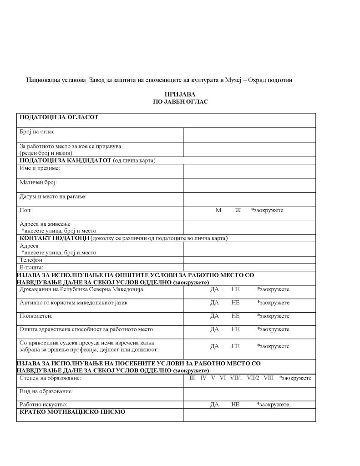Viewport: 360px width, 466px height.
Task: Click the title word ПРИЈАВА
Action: point(180,94)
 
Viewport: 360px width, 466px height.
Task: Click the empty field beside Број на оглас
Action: point(249,135)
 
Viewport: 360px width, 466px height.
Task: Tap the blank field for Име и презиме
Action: point(249,171)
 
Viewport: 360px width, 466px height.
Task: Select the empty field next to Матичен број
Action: point(249,185)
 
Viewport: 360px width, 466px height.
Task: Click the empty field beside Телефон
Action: point(249,260)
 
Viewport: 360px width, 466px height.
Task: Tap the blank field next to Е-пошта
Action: point(249,268)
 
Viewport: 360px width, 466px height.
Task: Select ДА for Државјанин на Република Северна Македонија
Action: point(215,289)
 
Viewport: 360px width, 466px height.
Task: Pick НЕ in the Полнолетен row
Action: point(235,316)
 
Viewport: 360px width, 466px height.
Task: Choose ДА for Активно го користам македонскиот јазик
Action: point(215,303)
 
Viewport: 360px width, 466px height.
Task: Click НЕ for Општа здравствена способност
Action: point(235,329)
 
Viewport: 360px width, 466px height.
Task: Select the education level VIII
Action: point(269,378)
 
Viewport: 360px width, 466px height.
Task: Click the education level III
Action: point(192,378)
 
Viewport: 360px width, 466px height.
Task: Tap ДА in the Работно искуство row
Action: point(215,404)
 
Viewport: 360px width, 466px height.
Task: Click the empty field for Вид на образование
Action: point(249,394)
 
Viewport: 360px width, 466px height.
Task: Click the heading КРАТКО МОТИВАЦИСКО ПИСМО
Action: point(72,412)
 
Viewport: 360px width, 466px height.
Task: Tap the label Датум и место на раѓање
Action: point(53,197)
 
